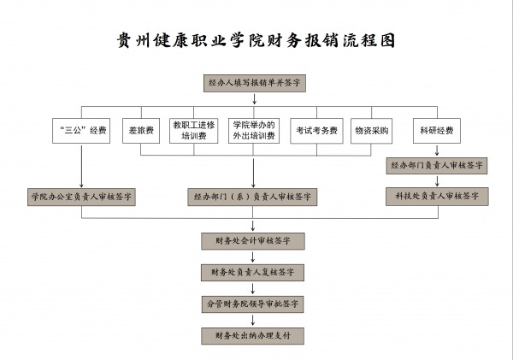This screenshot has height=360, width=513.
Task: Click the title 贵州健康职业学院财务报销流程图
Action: (256, 41)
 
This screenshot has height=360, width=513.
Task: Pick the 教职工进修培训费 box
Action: (193, 130)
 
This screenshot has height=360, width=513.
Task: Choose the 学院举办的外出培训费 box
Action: (254, 130)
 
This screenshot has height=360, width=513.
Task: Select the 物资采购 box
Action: (371, 131)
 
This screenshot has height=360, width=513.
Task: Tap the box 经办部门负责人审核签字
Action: (437, 165)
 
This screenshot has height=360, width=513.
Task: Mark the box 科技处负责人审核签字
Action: (437, 197)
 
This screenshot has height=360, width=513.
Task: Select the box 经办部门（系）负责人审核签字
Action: (254, 197)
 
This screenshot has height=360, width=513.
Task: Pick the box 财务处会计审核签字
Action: (253, 241)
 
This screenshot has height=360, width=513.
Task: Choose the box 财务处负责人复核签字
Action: (253, 272)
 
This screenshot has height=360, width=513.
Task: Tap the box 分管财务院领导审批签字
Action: (253, 304)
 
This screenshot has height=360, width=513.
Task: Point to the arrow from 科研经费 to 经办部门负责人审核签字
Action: (437, 150)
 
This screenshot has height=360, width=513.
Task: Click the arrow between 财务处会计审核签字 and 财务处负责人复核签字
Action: (253, 257)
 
